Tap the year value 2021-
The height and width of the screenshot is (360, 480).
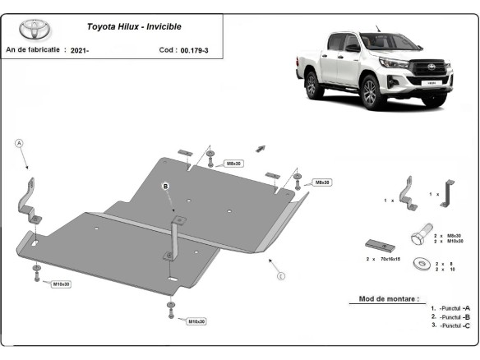pyautogui.click(x=81, y=50)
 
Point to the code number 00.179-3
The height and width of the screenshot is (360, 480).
pyautogui.click(x=195, y=50)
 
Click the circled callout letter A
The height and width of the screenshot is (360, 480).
pyautogui.click(x=20, y=144)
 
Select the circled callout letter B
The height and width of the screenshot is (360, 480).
pyautogui.click(x=164, y=187)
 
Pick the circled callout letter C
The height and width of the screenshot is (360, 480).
pyautogui.click(x=280, y=275)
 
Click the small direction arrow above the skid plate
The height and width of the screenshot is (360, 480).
pyautogui.click(x=261, y=148)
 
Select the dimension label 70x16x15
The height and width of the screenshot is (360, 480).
pyautogui.click(x=390, y=258)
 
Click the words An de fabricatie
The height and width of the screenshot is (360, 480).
pyautogui.click(x=33, y=50)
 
